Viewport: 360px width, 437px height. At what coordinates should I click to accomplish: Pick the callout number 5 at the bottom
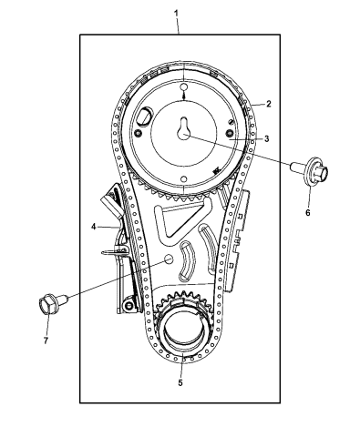point(180,383)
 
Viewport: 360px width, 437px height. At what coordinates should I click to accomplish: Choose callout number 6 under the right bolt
point(307,212)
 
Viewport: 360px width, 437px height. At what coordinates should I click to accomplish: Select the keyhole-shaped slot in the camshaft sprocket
point(184,129)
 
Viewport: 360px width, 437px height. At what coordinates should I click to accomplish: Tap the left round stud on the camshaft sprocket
point(139,134)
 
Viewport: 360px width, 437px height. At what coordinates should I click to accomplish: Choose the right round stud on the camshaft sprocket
point(229,136)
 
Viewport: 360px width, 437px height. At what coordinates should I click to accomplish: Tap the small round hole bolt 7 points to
point(168,259)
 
